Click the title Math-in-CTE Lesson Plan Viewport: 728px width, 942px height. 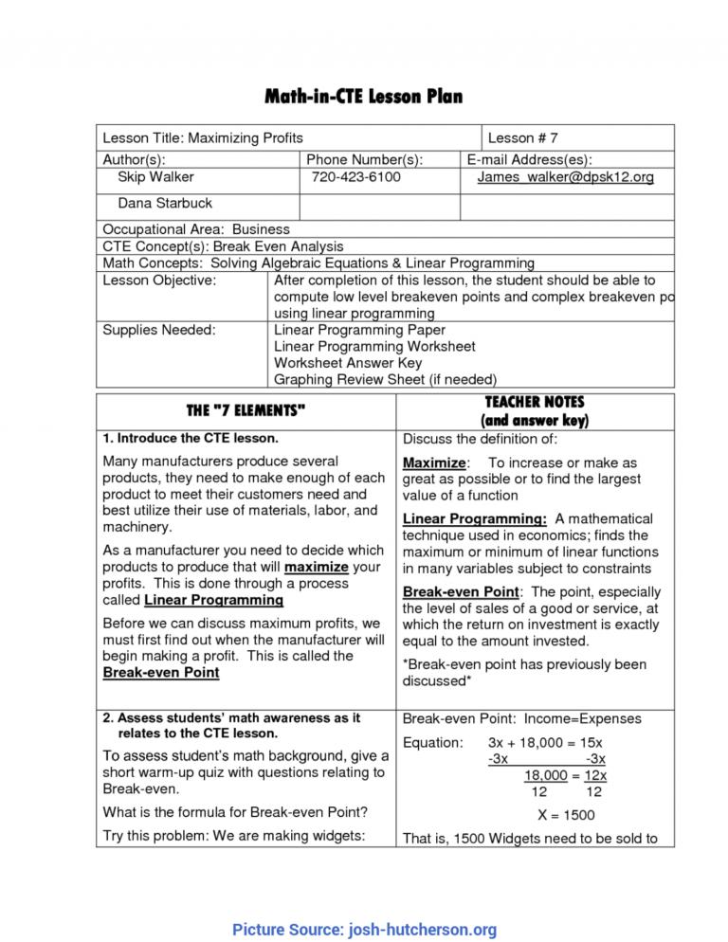tap(364, 98)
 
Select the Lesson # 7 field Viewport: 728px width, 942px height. tap(522, 138)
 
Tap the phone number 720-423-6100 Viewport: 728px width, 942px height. tap(355, 177)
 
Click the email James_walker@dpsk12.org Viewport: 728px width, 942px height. tap(552, 177)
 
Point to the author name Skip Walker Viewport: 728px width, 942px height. tap(155, 177)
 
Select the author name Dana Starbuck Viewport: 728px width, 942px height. tap(165, 203)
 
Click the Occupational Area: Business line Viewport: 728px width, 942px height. tap(196, 229)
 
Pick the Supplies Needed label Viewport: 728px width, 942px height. tap(158, 330)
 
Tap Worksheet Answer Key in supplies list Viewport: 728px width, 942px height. tap(348, 363)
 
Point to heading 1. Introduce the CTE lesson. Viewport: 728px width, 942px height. tap(191, 439)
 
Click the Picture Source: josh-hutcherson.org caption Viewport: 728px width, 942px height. tap(364, 930)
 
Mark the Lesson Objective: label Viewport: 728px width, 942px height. tap(158, 280)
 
